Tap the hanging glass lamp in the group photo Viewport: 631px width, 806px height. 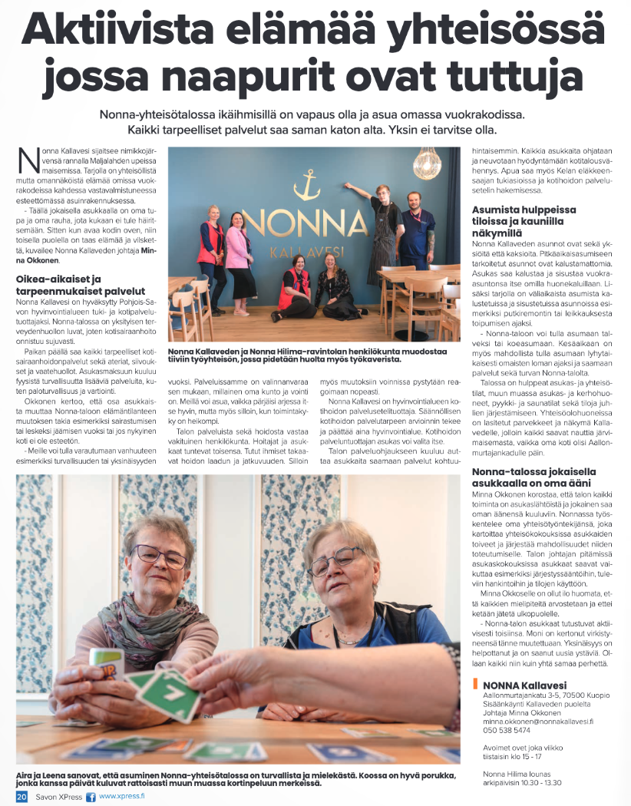click(426, 162)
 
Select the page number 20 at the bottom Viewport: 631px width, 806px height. click(21, 798)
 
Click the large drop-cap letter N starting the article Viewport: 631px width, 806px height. click(28, 159)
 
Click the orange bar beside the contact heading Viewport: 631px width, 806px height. click(476, 685)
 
